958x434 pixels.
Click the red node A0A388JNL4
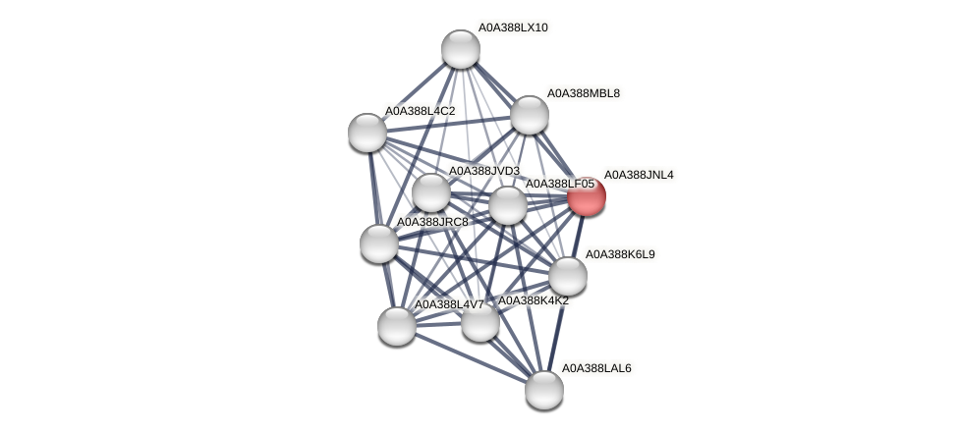587,196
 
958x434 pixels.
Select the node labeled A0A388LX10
460,49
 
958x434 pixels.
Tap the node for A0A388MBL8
530,115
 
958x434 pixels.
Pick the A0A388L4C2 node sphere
367,133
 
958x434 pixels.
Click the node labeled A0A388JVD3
430,192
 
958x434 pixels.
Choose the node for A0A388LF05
507,205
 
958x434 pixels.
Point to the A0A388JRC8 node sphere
378,244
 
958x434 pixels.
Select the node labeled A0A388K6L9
567,276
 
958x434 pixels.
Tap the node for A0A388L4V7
397,326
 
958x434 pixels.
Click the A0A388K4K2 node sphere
479,322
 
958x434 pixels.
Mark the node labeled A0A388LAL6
543,390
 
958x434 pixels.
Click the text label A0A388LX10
513,27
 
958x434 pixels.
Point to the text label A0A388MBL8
584,93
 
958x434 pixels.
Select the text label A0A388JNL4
639,175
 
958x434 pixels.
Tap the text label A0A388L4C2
420,111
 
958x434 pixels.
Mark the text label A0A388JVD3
483,171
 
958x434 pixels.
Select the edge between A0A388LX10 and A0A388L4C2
414,90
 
